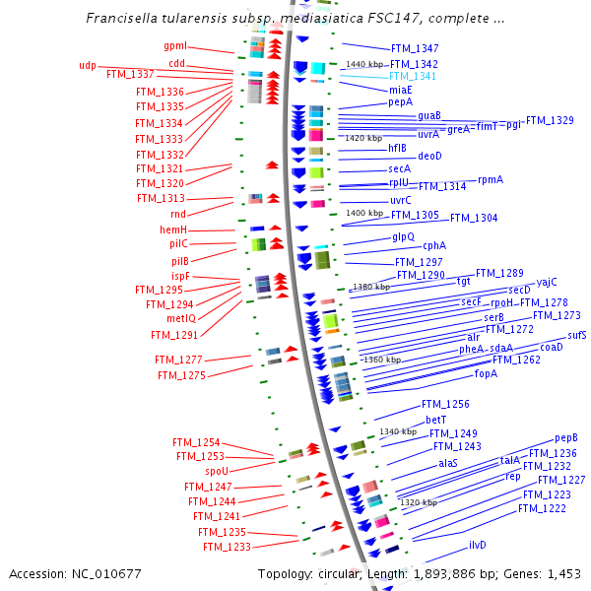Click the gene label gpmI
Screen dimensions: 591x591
click(175, 46)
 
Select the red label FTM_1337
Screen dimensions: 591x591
click(130, 75)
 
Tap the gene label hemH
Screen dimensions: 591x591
click(173, 230)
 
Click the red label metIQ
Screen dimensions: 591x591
click(180, 319)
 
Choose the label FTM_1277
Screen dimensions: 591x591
click(179, 360)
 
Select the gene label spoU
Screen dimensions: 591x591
click(217, 471)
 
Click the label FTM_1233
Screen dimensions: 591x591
click(227, 547)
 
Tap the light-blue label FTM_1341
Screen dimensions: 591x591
click(414, 76)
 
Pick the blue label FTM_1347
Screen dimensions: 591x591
click(415, 48)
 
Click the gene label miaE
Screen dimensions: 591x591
click(400, 90)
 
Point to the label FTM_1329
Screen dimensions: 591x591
click(550, 120)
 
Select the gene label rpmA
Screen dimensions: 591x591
click(491, 180)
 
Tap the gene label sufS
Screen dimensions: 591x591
click(577, 336)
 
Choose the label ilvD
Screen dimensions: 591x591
click(478, 545)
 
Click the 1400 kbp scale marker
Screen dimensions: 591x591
click(364, 213)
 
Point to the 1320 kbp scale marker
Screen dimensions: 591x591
click(419, 502)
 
